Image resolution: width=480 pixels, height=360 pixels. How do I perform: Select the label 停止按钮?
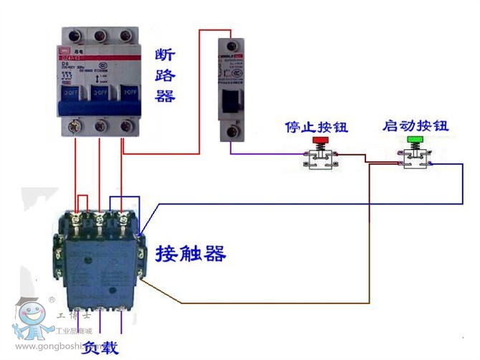click(316, 128)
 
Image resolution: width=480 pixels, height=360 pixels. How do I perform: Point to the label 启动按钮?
click(416, 126)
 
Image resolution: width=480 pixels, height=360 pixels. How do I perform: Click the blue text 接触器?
click(191, 253)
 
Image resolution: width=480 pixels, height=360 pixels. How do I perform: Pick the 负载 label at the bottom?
click(100, 349)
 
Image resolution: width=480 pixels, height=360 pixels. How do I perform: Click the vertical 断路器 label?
click(165, 75)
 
